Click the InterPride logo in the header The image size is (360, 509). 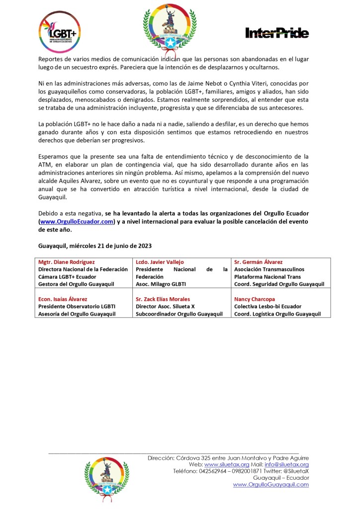click(277, 33)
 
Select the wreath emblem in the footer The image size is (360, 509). click(107, 477)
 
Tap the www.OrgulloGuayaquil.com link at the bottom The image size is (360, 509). click(270, 484)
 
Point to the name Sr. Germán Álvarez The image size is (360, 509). click(258, 261)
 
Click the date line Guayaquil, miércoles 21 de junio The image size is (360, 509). click(94, 246)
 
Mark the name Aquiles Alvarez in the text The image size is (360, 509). click(83, 181)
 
